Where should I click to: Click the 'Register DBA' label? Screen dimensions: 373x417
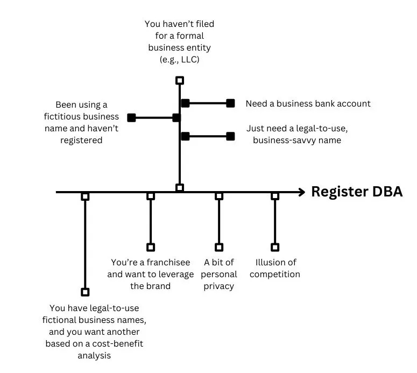(x=357, y=192)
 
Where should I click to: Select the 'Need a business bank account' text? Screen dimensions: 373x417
(x=308, y=103)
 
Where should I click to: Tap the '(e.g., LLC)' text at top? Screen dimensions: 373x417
(x=180, y=59)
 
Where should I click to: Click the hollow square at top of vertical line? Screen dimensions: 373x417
(x=180, y=80)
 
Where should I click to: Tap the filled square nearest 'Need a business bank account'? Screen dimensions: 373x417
(x=230, y=103)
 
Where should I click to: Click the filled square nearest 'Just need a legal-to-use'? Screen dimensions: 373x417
(x=230, y=136)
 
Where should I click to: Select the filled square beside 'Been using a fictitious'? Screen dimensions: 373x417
(x=131, y=117)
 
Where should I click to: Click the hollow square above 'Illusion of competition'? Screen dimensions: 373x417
(x=275, y=247)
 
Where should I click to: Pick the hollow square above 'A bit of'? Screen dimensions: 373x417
(x=218, y=247)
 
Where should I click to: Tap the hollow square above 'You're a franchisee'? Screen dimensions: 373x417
(x=151, y=247)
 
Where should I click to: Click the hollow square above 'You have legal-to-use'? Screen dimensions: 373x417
(x=85, y=292)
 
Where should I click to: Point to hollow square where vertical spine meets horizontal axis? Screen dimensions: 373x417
(x=180, y=188)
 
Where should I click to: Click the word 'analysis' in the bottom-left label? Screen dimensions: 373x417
(x=94, y=355)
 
